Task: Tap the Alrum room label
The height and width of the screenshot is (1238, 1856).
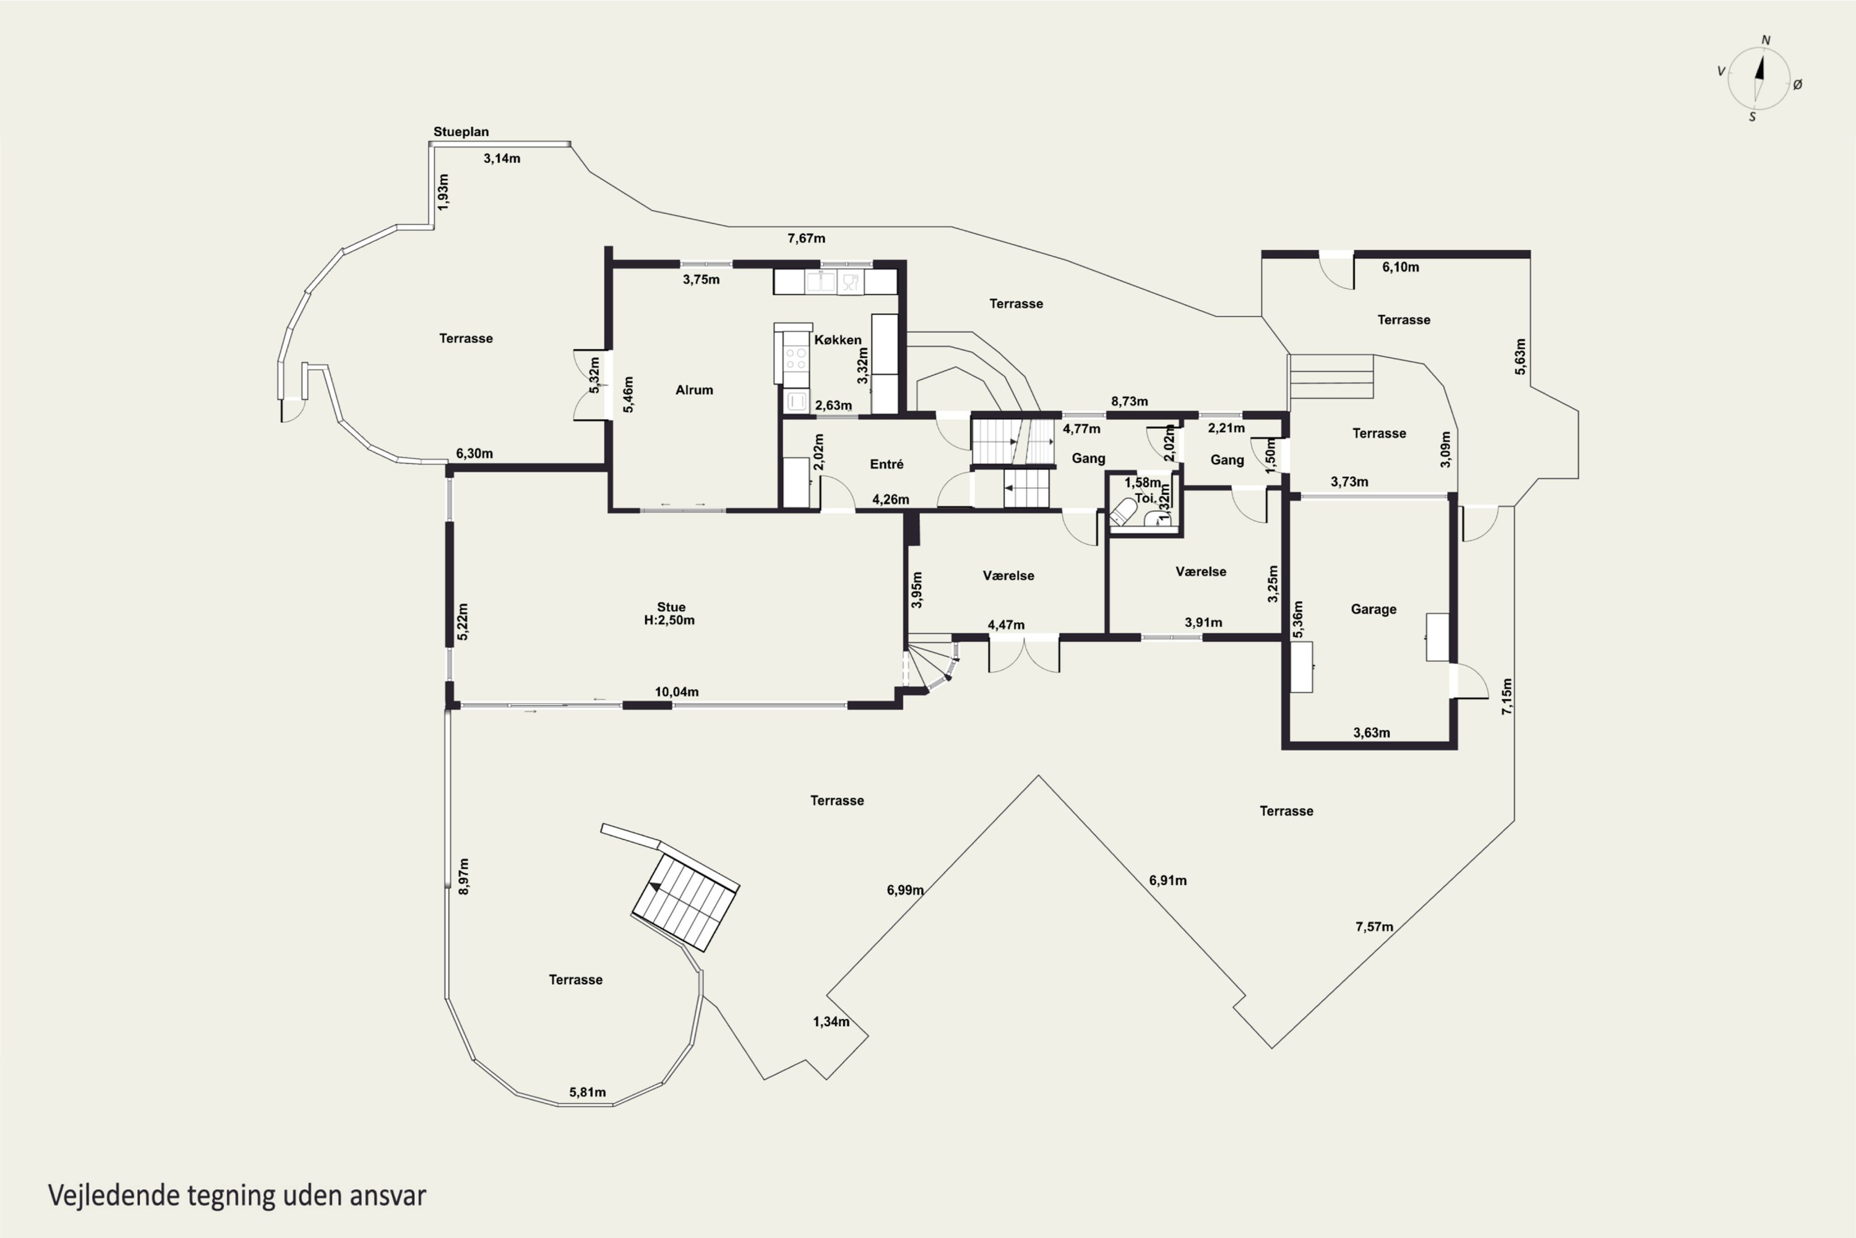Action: (x=694, y=389)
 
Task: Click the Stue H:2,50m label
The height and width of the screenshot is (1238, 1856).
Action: (x=670, y=613)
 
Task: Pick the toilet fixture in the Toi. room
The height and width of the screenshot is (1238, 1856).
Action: (x=1122, y=512)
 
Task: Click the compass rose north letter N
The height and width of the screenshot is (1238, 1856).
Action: (x=1766, y=40)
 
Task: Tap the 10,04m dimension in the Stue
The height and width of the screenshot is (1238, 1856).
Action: (x=676, y=691)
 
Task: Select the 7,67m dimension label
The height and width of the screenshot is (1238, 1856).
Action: (x=807, y=238)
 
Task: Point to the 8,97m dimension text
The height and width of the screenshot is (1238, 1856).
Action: (x=464, y=877)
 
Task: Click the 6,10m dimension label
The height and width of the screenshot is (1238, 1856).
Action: (x=1401, y=267)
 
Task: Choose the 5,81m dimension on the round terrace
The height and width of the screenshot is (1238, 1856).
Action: (x=588, y=1092)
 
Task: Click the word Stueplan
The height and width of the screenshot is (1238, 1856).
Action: (x=461, y=132)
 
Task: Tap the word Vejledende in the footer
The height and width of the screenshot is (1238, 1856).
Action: (x=114, y=1195)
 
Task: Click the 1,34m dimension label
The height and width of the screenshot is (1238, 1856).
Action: (x=831, y=1022)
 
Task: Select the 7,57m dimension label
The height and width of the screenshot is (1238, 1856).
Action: (x=1375, y=926)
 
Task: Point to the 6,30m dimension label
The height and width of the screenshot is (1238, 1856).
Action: (x=475, y=453)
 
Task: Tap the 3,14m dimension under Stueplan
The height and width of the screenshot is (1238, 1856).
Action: (x=502, y=158)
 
